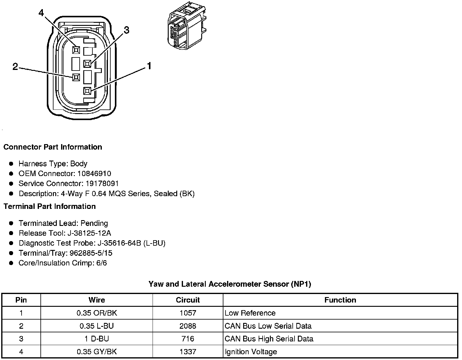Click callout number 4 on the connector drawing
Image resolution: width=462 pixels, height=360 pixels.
tap(41, 13)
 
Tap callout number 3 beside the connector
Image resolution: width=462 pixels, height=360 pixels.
tap(126, 30)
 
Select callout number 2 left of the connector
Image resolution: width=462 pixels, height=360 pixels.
tap(15, 67)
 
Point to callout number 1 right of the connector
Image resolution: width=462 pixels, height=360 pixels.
tap(149, 66)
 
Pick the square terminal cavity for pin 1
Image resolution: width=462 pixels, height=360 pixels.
tap(87, 91)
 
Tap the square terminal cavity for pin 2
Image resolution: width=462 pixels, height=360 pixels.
tap(76, 78)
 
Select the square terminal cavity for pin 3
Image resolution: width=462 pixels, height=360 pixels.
tap(87, 64)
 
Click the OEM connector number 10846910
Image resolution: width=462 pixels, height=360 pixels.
tap(94, 174)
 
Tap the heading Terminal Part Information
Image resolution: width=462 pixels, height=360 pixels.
tap(50, 206)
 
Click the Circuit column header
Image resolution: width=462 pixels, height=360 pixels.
tap(188, 300)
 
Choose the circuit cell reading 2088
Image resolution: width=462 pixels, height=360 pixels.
tap(188, 326)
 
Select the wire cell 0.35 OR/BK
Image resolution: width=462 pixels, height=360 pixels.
tap(97, 313)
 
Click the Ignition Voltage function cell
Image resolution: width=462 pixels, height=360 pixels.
tap(251, 352)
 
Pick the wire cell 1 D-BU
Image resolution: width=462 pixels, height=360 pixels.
tap(97, 339)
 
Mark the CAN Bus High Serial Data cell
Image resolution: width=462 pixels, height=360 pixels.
tap(269, 339)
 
